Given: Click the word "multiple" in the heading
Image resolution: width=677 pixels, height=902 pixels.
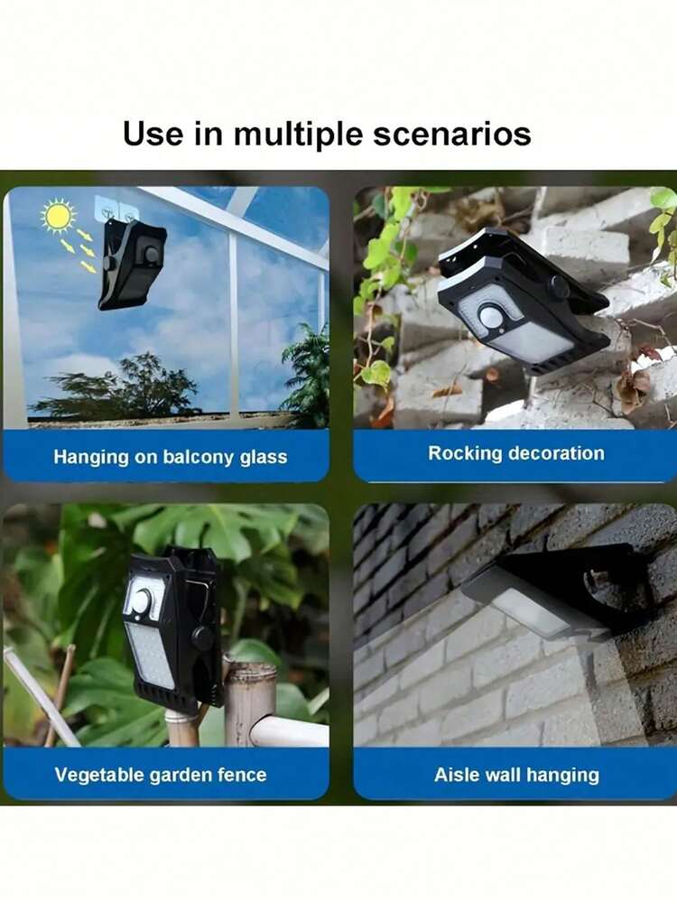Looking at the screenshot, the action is click(298, 135).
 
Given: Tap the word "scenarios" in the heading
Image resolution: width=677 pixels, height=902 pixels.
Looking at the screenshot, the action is click(451, 135).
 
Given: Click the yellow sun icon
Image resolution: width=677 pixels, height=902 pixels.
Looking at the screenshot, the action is click(58, 216).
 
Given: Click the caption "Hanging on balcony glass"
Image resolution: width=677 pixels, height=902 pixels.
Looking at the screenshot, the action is click(171, 457).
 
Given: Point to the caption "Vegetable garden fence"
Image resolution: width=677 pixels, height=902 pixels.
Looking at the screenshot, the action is click(161, 775).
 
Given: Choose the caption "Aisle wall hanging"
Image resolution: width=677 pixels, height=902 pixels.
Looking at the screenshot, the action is click(516, 775).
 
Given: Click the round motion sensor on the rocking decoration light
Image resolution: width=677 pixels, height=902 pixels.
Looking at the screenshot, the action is click(490, 315).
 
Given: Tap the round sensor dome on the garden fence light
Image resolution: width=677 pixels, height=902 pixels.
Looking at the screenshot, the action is click(140, 601).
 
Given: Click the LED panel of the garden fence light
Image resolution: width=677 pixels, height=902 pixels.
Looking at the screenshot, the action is click(150, 656).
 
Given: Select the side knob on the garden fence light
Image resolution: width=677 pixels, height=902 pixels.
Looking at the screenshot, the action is click(202, 638).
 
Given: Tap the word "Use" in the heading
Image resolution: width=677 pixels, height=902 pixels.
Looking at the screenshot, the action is click(153, 134).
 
